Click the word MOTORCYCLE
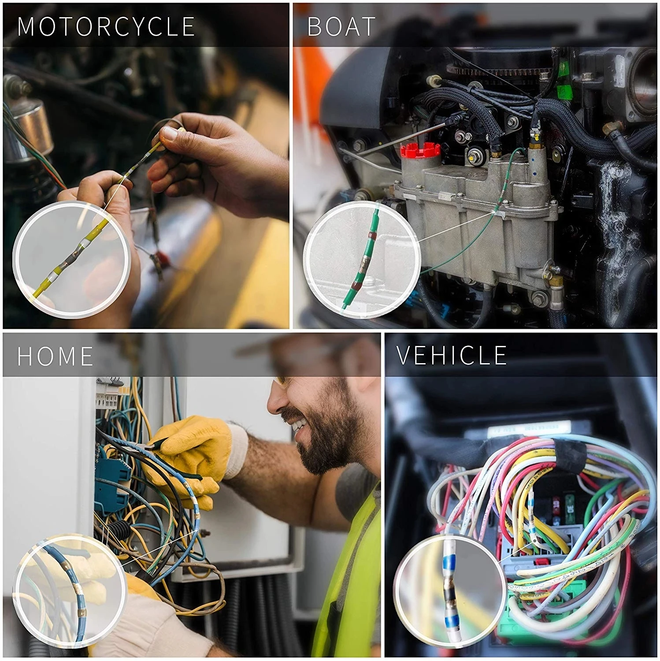point(106,26)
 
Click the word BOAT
point(341,26)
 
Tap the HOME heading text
point(55,356)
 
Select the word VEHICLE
point(452,355)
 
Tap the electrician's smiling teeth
point(301,425)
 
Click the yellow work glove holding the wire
point(194,454)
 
